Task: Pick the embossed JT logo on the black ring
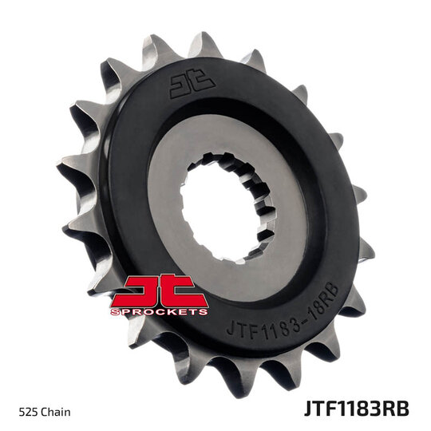pyautogui.click(x=192, y=81)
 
